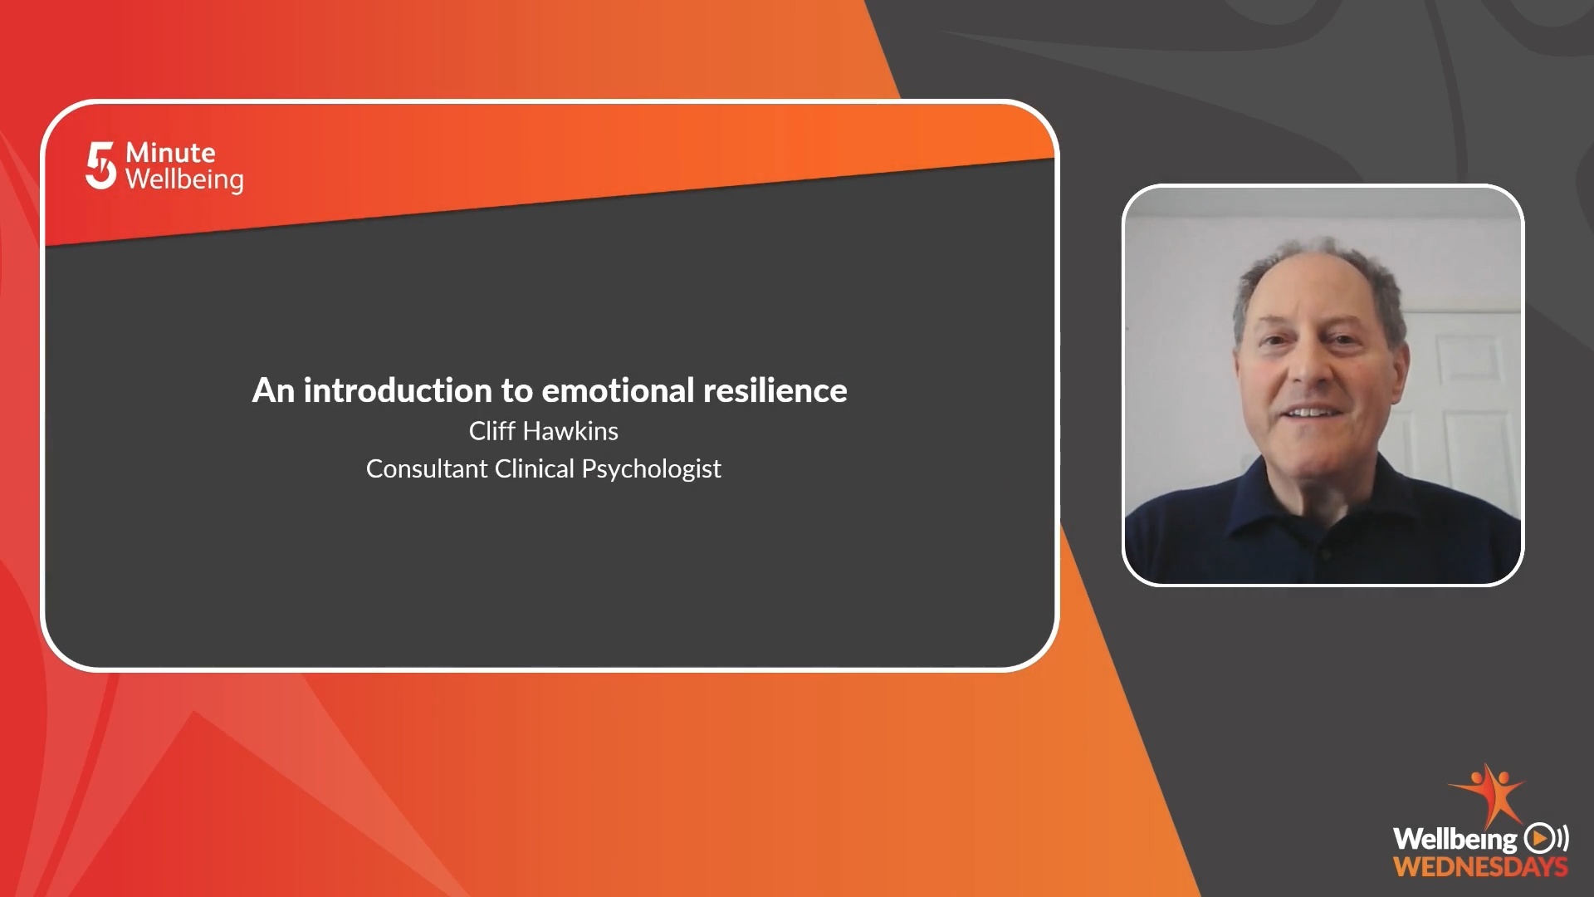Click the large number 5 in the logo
[x=100, y=165]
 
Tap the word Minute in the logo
[x=170, y=153]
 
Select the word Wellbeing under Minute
[x=184, y=180]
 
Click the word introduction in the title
[x=398, y=390]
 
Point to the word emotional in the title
[x=618, y=390]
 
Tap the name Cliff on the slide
[x=491, y=431]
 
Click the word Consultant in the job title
[x=427, y=469]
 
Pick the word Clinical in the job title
[x=535, y=469]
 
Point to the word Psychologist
[x=652, y=470]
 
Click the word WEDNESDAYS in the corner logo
[x=1481, y=867]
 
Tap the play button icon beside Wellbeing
[x=1540, y=838]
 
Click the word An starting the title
[x=273, y=390]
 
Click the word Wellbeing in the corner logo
[x=1455, y=839]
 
